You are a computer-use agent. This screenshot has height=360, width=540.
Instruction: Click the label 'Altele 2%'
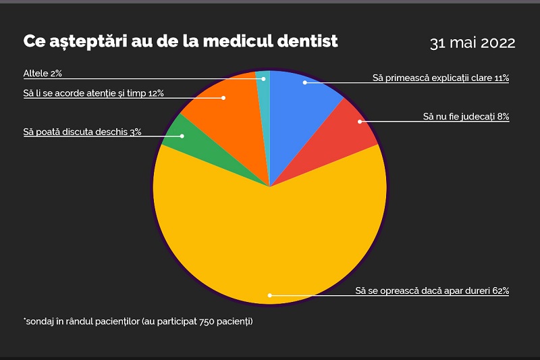[42, 73]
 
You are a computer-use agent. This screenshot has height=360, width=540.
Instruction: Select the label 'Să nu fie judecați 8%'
[466, 117]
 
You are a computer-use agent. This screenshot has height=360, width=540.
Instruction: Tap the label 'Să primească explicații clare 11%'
[441, 78]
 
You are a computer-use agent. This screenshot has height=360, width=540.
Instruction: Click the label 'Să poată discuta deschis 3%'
[82, 132]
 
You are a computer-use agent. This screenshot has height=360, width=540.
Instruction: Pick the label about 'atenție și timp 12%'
[93, 93]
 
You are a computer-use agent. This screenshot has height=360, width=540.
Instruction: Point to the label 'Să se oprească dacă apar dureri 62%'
[432, 291]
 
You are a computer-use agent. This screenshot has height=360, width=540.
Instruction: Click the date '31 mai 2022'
[473, 43]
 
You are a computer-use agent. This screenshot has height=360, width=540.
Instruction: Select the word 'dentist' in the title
[307, 41]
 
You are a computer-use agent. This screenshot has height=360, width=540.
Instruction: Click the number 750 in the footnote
[207, 321]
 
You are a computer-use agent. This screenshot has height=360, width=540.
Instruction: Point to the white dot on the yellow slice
[269, 295]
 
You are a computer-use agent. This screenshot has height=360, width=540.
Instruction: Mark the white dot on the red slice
[360, 122]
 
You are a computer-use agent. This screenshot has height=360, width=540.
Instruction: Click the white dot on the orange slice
[223, 98]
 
